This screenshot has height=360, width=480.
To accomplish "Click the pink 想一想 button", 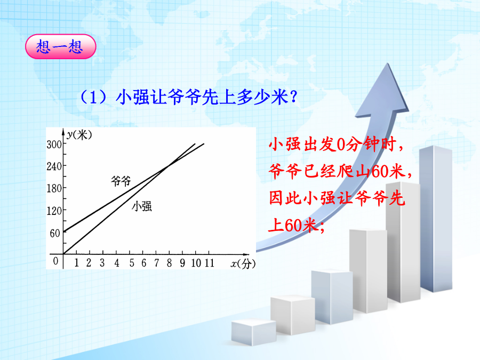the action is pos(61,46).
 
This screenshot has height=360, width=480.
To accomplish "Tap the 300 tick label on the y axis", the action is pos(54,144).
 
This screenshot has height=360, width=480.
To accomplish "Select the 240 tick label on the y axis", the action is pos(54,166).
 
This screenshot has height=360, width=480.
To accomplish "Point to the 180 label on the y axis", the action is pos(54,188).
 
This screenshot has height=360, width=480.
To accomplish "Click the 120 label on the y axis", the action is pos(54,211).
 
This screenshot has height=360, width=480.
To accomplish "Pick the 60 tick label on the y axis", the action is pos(55,233).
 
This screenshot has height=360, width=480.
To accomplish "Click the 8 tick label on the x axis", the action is pos(169,262).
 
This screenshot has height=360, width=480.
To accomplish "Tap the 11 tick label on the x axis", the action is pos(210,262).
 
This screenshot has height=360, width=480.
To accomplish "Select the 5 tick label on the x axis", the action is pos(132,262).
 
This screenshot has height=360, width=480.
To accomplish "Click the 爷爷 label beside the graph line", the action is pos(121,181).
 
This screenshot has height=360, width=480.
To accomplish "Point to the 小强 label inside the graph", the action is pos(142,206).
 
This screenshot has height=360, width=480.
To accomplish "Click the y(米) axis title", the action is pos(79,134).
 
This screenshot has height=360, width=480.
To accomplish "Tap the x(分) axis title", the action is pos(243,263).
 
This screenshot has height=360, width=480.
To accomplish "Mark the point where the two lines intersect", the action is pos(169,166).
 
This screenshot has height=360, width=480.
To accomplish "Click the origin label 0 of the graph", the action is pos(55,261).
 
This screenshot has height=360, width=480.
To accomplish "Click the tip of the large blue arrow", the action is pos(388,63).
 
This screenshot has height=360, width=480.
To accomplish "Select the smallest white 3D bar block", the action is pos(254,332).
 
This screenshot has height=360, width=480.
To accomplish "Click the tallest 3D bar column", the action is pos(436,219).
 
